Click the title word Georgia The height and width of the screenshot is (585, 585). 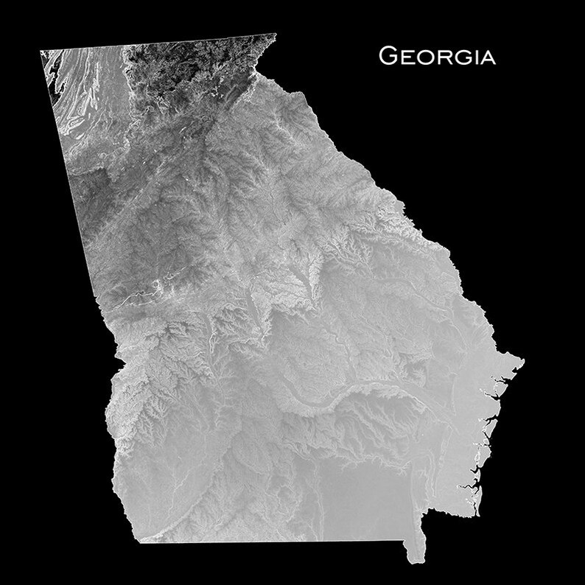pos(437,55)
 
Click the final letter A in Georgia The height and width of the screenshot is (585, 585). pos(487,57)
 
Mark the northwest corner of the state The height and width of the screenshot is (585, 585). pos(41,51)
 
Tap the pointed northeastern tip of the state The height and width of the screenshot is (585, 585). pos(276,34)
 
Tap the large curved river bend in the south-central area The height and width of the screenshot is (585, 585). pos(324,402)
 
